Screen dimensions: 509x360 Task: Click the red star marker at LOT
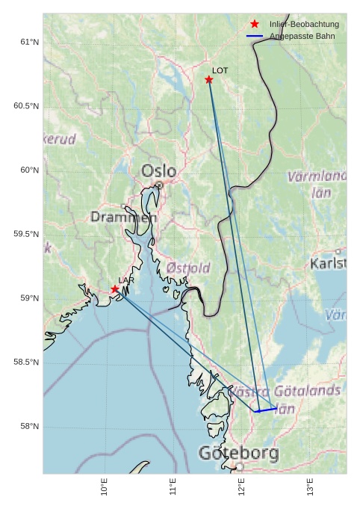209,80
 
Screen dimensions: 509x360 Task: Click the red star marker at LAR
115,289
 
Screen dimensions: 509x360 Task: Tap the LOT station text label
220,70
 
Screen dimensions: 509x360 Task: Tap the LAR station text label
126,280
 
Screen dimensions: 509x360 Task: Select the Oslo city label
159,171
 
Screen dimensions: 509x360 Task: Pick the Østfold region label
188,268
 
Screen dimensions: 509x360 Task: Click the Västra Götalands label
285,391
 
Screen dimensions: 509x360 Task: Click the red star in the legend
255,25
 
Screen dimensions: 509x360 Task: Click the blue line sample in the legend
255,36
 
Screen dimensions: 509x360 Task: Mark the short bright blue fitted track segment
266,410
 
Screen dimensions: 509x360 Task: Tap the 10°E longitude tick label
105,487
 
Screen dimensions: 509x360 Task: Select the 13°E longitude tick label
310,487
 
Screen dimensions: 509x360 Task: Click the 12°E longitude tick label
241,487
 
